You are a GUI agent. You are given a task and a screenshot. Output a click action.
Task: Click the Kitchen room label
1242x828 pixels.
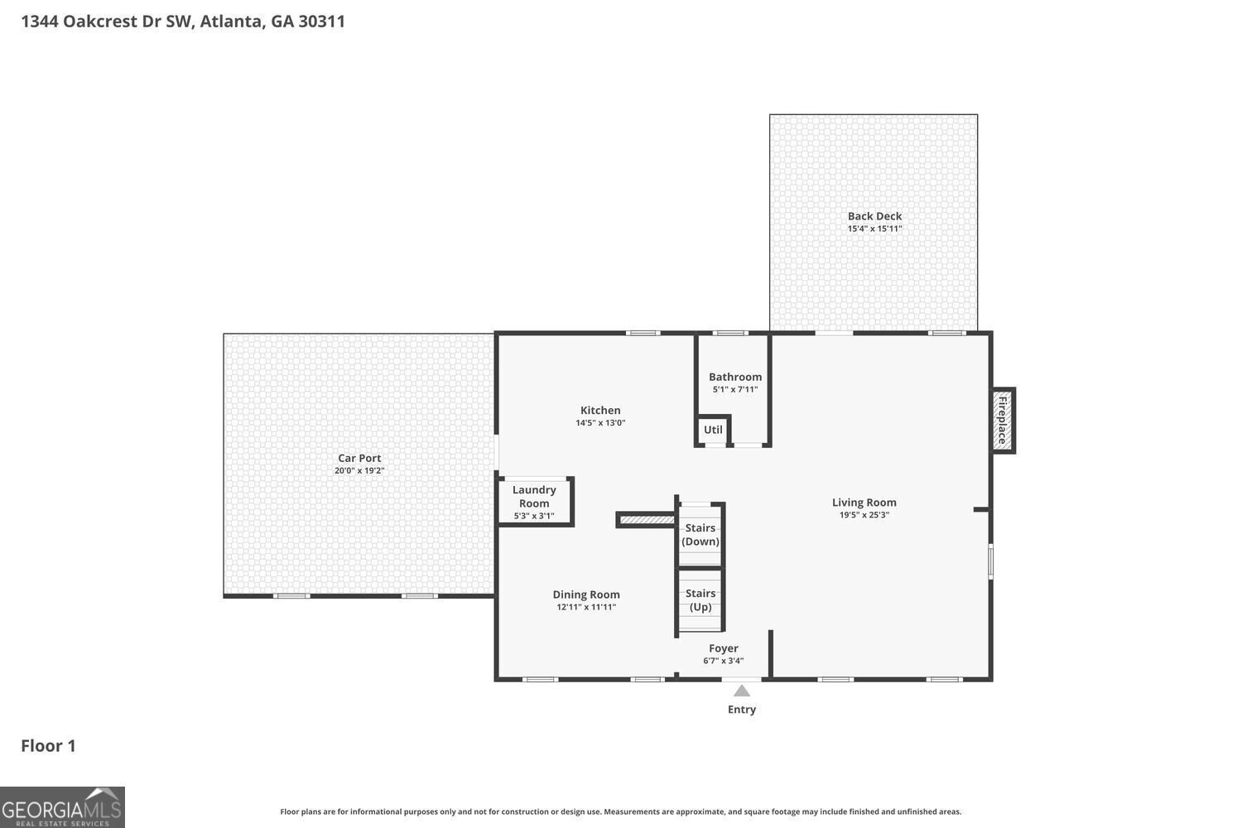point(600,410)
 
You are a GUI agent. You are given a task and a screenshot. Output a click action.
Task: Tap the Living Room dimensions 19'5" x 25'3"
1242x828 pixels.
point(864,515)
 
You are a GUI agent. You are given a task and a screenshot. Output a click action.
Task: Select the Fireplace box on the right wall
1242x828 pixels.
point(1003,421)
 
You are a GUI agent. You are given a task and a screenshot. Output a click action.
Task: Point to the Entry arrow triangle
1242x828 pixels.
point(742,691)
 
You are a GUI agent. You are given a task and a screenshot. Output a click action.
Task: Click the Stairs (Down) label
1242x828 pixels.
point(700,534)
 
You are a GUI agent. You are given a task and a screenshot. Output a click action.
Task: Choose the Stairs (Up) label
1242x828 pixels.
point(700,599)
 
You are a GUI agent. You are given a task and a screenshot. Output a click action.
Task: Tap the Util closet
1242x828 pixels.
point(713,430)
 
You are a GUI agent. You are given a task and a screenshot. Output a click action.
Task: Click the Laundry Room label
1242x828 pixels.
point(534,496)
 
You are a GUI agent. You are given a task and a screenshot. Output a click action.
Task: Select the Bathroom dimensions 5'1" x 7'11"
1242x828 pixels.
point(734,389)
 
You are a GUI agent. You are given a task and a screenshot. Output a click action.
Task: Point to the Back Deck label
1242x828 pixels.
point(874,216)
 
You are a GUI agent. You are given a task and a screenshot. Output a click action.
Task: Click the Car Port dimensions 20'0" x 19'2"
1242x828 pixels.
point(359,470)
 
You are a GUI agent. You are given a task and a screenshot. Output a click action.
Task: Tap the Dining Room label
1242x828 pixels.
point(586,595)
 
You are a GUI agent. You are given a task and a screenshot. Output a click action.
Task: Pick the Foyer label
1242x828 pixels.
point(723,648)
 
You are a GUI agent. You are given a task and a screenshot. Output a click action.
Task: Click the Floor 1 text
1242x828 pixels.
point(48,746)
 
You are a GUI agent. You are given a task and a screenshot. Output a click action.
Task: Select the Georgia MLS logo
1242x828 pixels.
point(62,806)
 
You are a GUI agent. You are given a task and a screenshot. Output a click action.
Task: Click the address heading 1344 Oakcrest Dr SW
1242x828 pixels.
point(182,22)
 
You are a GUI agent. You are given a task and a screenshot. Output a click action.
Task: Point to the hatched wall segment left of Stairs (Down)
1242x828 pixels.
point(647,520)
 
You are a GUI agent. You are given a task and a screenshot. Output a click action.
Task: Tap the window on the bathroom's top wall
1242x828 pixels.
point(729,333)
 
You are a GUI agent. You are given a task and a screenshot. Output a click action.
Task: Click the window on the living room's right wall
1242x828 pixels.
point(990,561)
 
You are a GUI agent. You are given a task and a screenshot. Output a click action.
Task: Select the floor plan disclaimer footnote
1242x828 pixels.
point(620,812)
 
